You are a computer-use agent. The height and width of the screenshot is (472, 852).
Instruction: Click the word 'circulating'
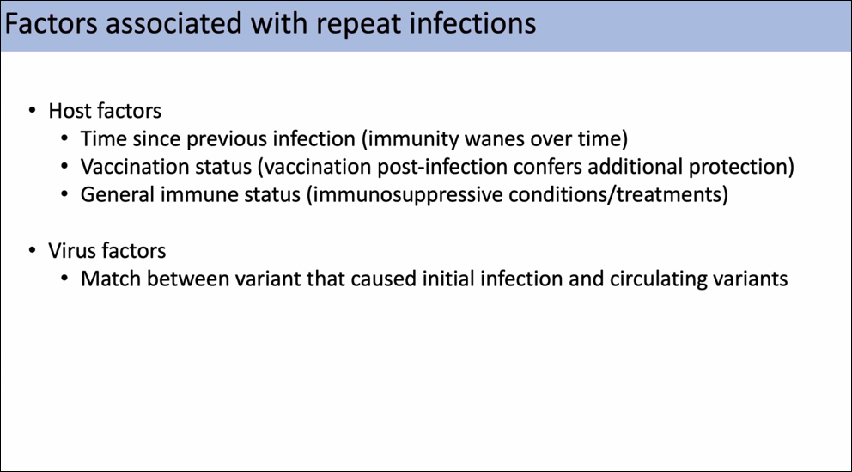[x=659, y=279]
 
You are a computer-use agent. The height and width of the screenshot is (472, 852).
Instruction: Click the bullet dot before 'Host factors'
[x=33, y=111]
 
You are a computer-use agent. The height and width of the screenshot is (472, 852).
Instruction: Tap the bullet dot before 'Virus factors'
[x=33, y=251]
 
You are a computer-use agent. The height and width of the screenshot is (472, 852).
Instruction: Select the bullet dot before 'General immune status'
[x=64, y=194]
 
